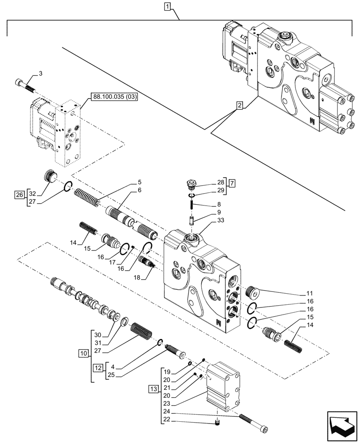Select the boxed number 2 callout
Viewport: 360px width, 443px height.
tap(239, 105)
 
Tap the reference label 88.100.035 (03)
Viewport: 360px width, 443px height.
tap(114, 97)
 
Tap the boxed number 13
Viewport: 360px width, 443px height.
tap(153, 389)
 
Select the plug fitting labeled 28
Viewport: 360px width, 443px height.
tap(192, 183)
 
